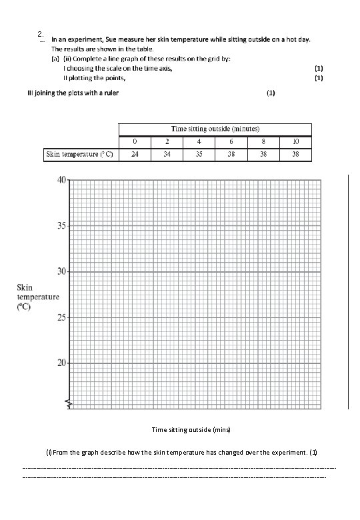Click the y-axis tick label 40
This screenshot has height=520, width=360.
(61, 181)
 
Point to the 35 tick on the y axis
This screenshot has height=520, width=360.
(61, 225)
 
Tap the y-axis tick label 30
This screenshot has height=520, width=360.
(61, 271)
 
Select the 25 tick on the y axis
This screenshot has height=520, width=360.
(61, 317)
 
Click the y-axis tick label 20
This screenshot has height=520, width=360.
(61, 363)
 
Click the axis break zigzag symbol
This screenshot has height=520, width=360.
(69, 402)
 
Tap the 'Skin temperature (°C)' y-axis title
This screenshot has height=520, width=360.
(38, 297)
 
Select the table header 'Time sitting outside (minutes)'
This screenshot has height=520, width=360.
(215, 128)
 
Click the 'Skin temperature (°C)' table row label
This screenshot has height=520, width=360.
(79, 154)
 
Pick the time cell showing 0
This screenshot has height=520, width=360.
(135, 141)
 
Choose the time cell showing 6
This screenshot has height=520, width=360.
(231, 141)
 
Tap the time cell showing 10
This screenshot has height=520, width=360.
(295, 141)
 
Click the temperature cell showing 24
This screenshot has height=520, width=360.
(135, 154)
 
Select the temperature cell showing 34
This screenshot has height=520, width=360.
(167, 154)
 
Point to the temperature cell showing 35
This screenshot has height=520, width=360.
(199, 154)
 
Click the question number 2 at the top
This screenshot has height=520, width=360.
(41, 35)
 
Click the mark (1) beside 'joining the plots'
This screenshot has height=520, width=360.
(270, 93)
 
